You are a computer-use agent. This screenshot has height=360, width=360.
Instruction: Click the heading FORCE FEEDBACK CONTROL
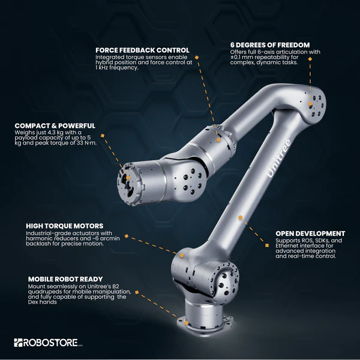(x=142, y=50)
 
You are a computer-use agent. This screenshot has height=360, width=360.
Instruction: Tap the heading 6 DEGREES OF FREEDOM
(x=269, y=44)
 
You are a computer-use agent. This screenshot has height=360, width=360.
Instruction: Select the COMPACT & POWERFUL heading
(x=55, y=125)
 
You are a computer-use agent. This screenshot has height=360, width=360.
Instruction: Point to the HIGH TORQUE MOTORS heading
(x=64, y=226)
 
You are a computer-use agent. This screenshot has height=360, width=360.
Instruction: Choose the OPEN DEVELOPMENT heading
(x=310, y=233)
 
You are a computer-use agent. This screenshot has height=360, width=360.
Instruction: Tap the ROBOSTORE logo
(x=49, y=343)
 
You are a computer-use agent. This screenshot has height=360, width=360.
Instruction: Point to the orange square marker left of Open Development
(x=267, y=244)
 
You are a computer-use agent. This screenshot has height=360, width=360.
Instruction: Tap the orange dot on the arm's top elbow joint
(x=311, y=94)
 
